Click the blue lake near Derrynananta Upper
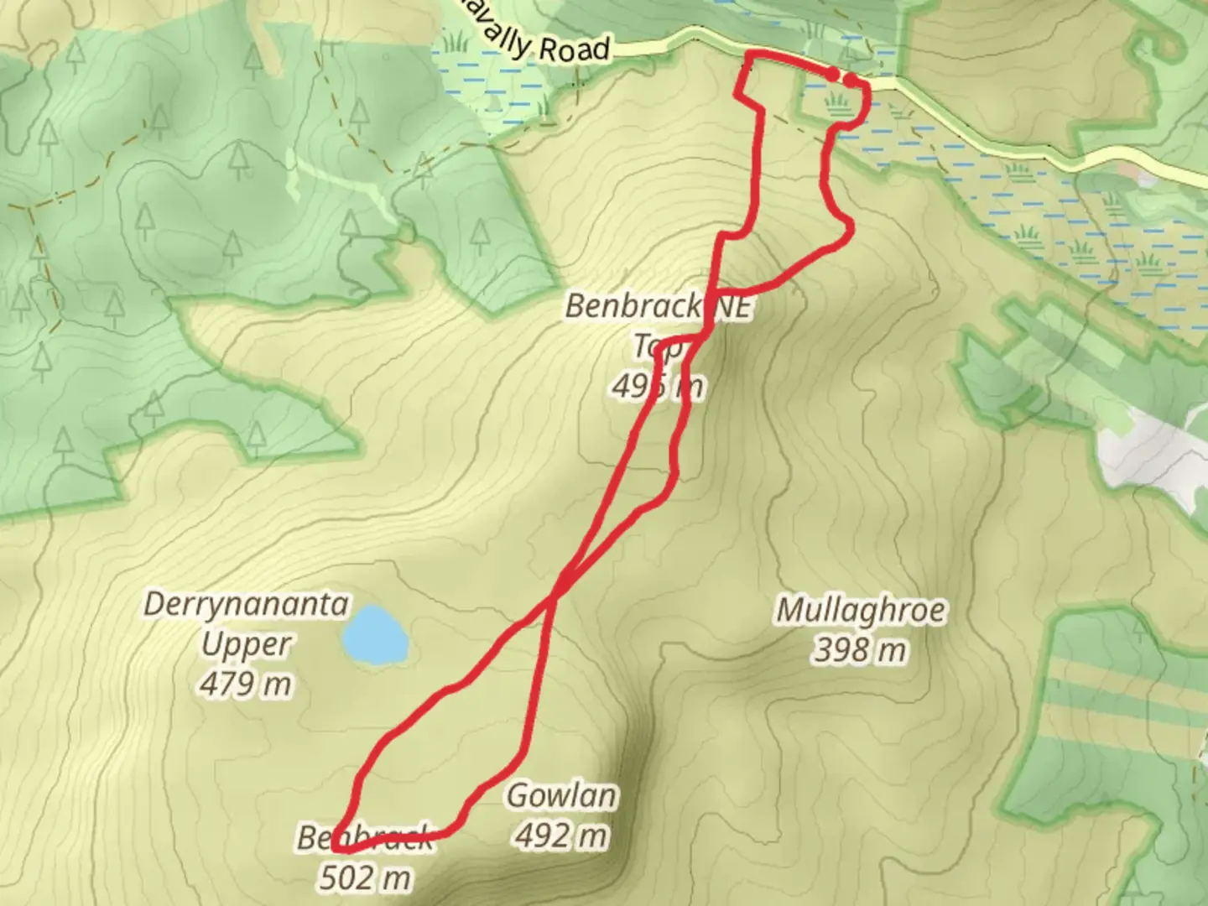[x=375, y=635]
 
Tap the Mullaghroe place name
[x=861, y=610]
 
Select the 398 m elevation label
[x=859, y=649]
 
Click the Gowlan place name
[x=561, y=795]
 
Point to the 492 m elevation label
[x=561, y=835]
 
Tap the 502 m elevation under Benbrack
[x=365, y=877]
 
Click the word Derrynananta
[x=246, y=604]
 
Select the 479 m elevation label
[x=246, y=684]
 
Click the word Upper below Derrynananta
[x=246, y=644]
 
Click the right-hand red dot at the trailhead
[x=851, y=80]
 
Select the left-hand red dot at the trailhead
[x=831, y=75]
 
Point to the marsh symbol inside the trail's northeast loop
[x=836, y=103]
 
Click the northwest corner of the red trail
[x=747, y=55]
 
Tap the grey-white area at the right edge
[x=1158, y=457]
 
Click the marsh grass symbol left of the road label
[x=455, y=40]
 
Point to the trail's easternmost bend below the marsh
[x=851, y=226]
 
